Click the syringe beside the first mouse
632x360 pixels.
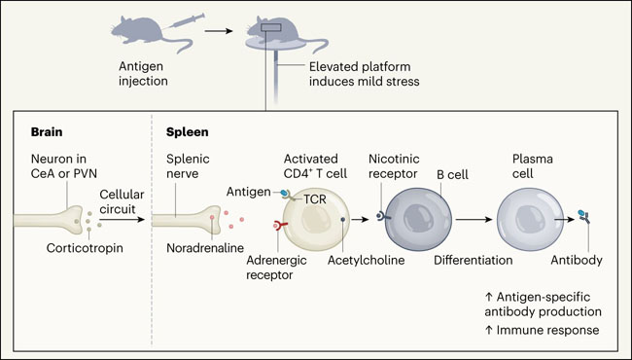[x=187, y=21]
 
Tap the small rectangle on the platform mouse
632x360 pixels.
[x=271, y=27]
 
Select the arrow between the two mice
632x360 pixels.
[x=219, y=30]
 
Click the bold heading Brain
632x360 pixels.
[x=47, y=132]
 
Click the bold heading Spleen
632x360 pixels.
[x=188, y=132]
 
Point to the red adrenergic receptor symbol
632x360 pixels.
[x=280, y=226]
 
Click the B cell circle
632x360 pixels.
[x=418, y=219]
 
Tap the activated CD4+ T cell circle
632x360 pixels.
[x=316, y=219]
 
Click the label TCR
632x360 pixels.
[x=314, y=198]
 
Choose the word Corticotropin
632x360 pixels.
[x=85, y=248]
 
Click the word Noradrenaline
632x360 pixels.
[x=205, y=247]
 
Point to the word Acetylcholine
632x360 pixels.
[x=366, y=260]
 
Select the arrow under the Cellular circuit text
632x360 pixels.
[x=122, y=219]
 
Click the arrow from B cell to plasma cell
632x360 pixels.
[x=474, y=219]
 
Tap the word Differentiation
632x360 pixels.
[x=474, y=260]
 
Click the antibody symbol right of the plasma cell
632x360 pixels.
[x=583, y=216]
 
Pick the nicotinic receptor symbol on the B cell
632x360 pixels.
[x=382, y=216]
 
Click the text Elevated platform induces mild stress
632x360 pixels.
[x=364, y=74]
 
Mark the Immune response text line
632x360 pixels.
[x=542, y=330]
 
